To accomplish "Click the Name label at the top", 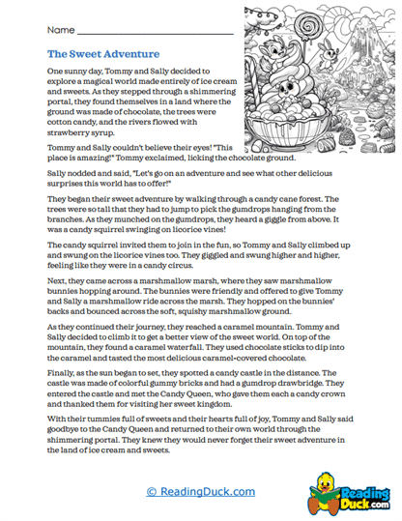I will [x=61, y=31].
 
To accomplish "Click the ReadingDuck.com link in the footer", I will [x=201, y=491].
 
